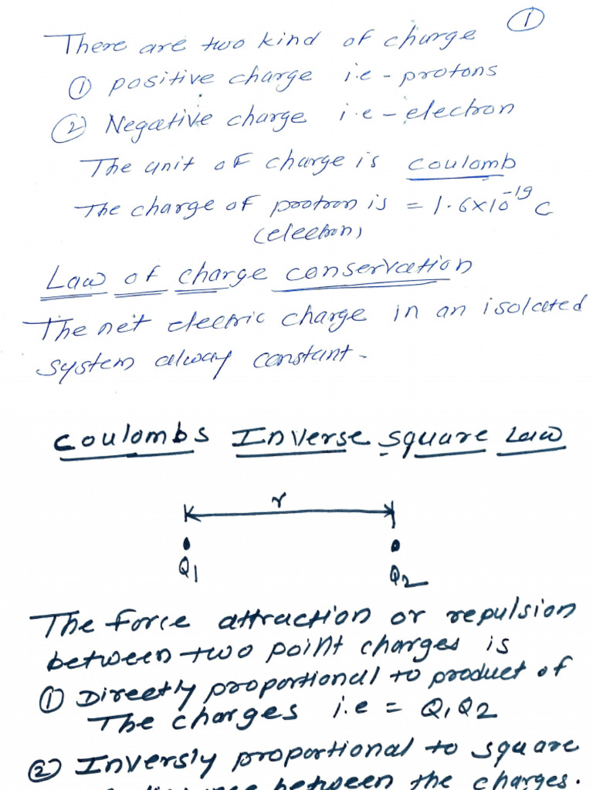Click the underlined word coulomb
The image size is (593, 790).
coord(461,164)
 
